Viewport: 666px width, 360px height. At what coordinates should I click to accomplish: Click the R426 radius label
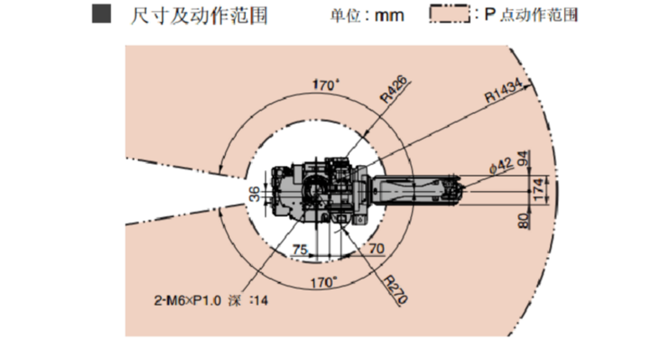tap(393, 90)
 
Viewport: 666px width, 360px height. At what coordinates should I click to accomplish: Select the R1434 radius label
tap(504, 90)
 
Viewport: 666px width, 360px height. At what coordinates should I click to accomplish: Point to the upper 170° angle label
tap(325, 85)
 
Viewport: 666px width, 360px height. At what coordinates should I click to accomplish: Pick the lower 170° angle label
tap(324, 282)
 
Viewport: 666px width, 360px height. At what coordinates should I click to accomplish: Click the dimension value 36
tap(254, 193)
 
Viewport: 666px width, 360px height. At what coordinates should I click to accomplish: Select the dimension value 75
tap(300, 249)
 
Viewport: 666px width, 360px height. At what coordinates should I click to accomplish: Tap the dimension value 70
tap(377, 248)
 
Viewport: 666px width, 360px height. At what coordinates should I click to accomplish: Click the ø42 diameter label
tap(501, 166)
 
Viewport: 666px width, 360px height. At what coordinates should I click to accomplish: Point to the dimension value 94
tap(524, 158)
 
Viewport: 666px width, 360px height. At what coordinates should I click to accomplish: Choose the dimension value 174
tap(538, 190)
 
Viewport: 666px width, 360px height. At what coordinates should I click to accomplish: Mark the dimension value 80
tap(524, 220)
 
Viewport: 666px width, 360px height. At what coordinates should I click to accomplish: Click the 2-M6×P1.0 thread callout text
tap(187, 301)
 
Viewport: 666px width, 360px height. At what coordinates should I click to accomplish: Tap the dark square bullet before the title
tap(101, 13)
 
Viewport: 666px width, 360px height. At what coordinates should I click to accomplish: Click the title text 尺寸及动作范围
tap(199, 16)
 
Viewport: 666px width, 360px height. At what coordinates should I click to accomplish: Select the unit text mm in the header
tap(389, 16)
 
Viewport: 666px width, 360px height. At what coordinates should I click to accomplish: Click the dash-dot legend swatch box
tap(449, 13)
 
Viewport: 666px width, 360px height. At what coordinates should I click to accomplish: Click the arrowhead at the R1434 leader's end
tap(528, 86)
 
